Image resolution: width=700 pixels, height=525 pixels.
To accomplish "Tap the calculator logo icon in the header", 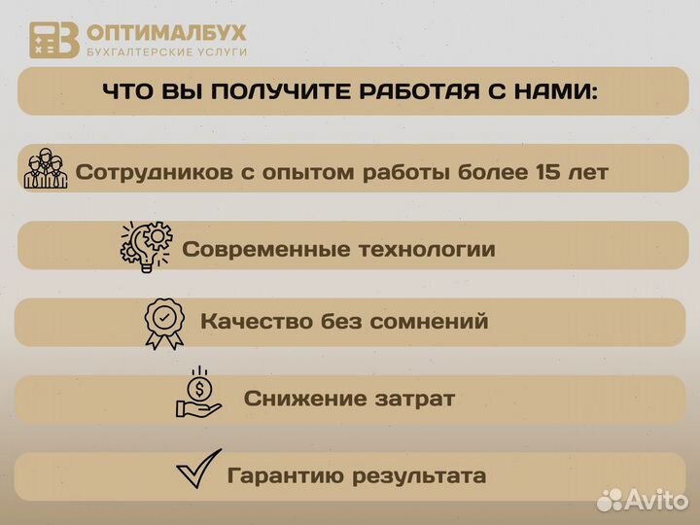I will pyautogui.click(x=53, y=40).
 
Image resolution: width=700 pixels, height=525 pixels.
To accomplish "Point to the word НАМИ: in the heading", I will pyautogui.click(x=552, y=92).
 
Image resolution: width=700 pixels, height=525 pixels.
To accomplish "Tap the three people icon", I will pyautogui.click(x=46, y=171).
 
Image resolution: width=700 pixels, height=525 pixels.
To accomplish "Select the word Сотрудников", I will pyautogui.click(x=153, y=173).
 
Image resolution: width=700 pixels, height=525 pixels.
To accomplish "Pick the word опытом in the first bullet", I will pyautogui.click(x=310, y=173).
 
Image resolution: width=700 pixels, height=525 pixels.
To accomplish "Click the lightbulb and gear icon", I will pyautogui.click(x=146, y=246).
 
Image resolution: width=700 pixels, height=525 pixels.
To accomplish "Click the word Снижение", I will pyautogui.click(x=301, y=399).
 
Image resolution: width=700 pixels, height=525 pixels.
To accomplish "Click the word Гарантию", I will pyautogui.click(x=284, y=476).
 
